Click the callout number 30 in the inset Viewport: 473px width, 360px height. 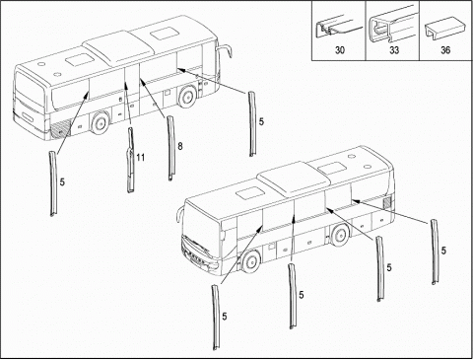(x=340, y=50)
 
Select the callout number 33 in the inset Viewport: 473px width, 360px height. (x=394, y=50)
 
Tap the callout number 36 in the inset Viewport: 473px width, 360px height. (x=445, y=50)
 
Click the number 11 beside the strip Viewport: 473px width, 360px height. (x=140, y=158)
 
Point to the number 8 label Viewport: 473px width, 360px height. (x=180, y=146)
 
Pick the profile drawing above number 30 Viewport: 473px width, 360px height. (x=337, y=27)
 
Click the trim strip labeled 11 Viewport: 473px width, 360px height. (x=131, y=160)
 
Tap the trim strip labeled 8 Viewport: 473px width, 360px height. (x=170, y=148)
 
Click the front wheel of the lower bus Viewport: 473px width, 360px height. (x=250, y=261)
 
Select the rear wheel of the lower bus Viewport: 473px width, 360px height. (x=340, y=235)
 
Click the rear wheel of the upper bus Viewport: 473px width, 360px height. (x=101, y=123)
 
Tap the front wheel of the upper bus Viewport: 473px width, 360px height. (x=187, y=96)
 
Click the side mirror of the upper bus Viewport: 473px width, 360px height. (x=225, y=52)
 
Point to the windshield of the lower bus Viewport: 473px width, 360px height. (x=202, y=223)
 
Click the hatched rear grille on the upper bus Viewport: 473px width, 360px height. (x=61, y=128)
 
